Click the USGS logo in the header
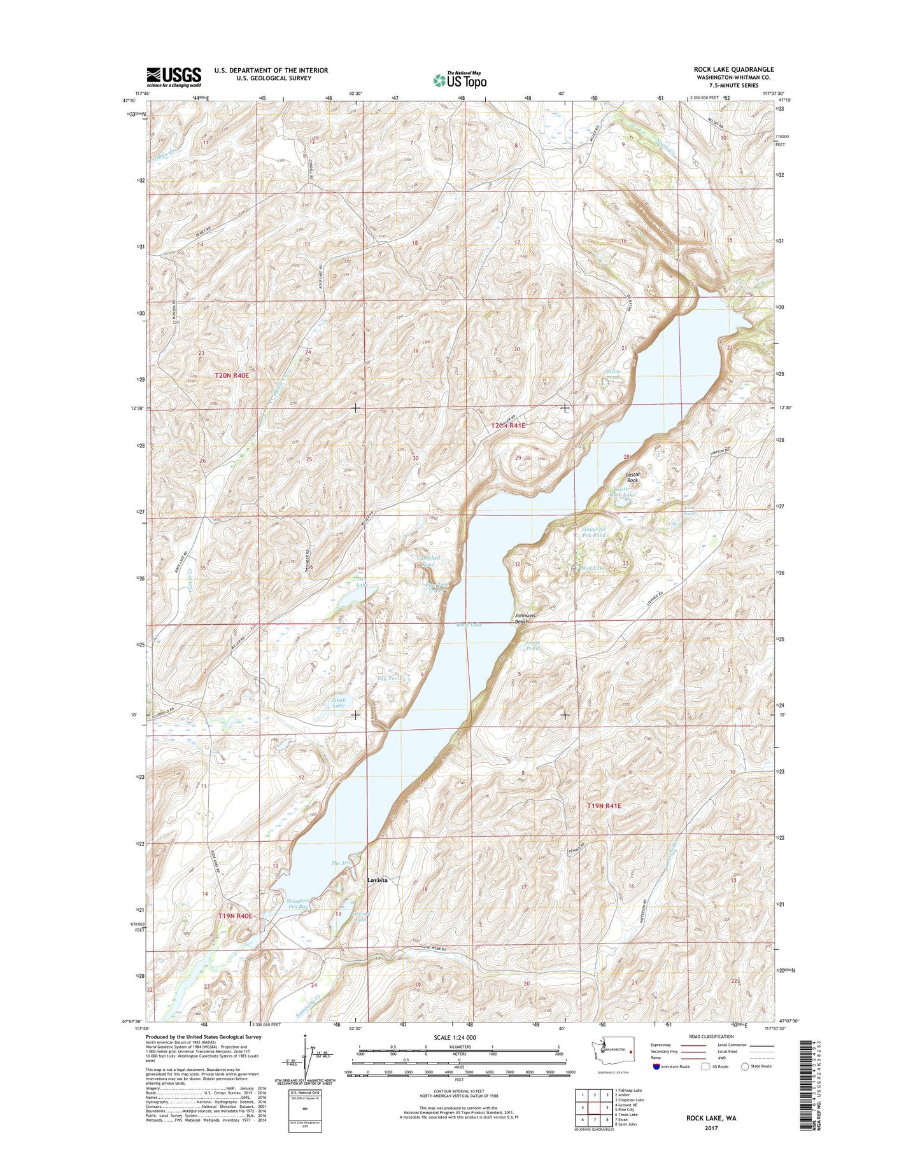(174, 76)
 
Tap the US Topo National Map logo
(460, 80)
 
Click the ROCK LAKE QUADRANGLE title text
(733, 69)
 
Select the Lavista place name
(377, 880)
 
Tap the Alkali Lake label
(338, 702)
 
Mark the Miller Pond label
(612, 374)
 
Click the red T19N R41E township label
(604, 806)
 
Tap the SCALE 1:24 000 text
(454, 1055)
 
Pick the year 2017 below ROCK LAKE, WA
(711, 1146)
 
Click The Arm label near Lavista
(342, 863)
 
